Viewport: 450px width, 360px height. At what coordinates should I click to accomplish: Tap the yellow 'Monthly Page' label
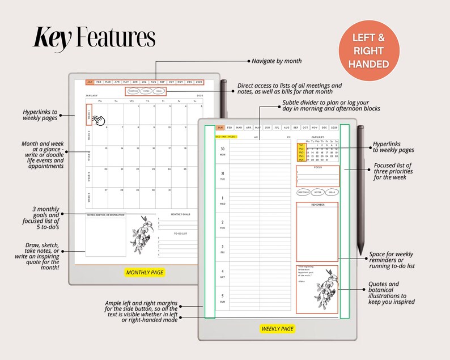(x=145, y=272)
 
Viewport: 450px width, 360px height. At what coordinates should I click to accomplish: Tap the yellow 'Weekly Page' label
(x=277, y=329)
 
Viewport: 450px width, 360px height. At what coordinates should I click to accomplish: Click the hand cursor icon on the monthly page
(x=99, y=120)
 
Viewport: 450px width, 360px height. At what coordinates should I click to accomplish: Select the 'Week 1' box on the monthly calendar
(x=88, y=115)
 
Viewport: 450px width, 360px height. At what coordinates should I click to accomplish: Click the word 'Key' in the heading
(x=53, y=37)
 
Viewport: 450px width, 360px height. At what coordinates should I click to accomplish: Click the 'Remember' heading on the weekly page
(x=317, y=205)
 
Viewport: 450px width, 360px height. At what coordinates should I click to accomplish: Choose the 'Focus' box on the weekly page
(x=317, y=176)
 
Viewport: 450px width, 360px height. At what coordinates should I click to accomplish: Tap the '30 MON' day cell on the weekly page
(x=222, y=152)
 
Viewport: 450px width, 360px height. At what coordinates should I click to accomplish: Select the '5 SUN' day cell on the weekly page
(x=222, y=298)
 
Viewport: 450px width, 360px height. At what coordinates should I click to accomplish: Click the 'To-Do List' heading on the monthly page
(x=181, y=233)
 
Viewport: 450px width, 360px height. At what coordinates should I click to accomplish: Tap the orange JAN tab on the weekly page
(x=220, y=128)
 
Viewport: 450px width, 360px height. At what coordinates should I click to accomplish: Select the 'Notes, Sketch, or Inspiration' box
(x=105, y=235)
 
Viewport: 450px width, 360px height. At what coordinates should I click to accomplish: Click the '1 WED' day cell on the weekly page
(x=222, y=201)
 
